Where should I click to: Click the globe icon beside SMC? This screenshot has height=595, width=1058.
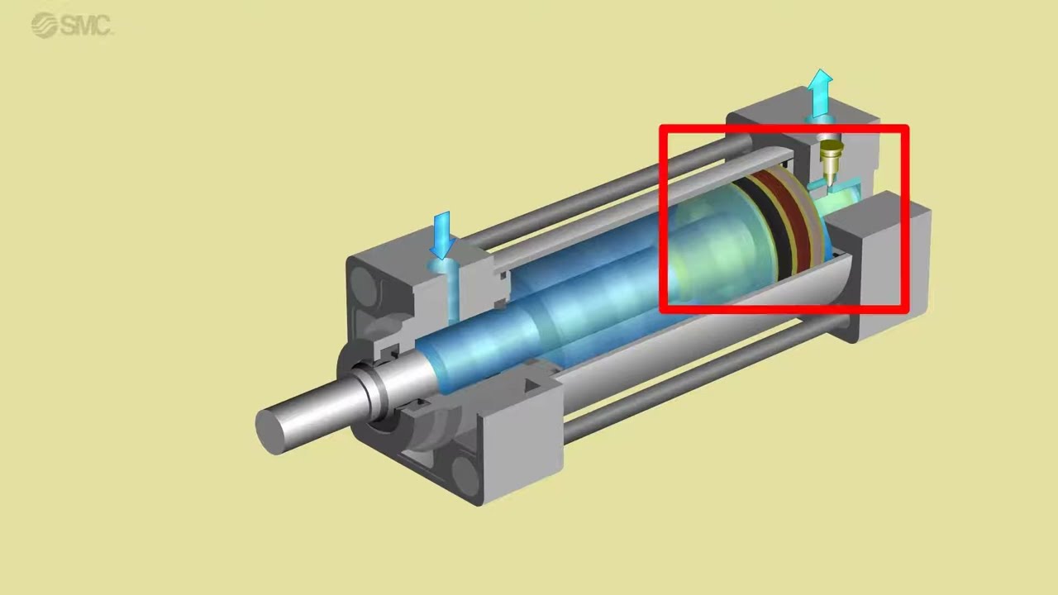[x=44, y=25]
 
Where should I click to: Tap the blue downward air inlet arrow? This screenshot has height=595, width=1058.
[x=442, y=236]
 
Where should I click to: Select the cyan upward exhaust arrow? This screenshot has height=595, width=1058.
[x=819, y=93]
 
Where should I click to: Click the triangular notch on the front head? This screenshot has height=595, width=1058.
[x=532, y=386]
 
